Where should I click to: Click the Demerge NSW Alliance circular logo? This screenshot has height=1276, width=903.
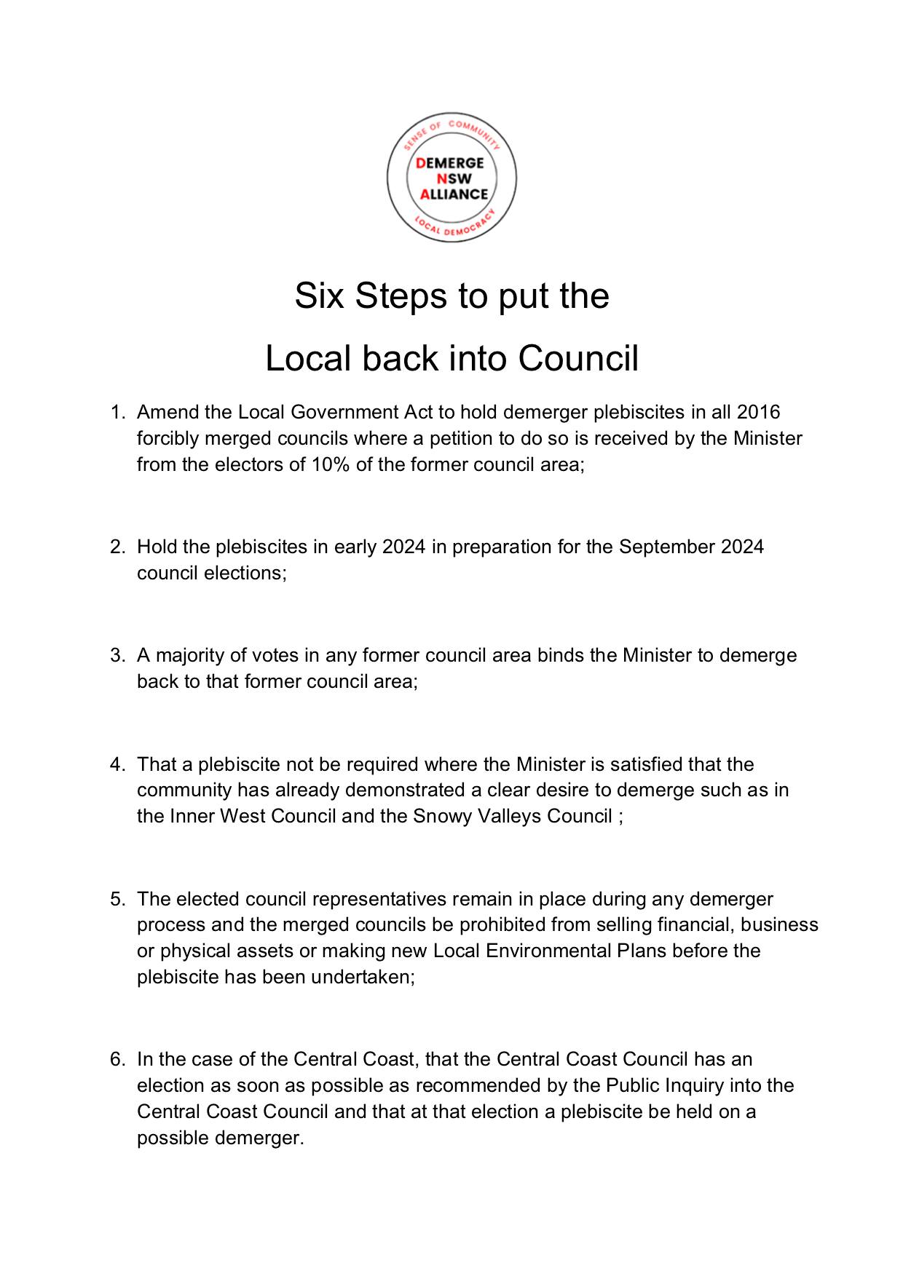pyautogui.click(x=451, y=178)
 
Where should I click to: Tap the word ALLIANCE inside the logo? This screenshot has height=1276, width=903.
pyautogui.click(x=454, y=194)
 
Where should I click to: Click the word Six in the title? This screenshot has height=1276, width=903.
pyautogui.click(x=319, y=296)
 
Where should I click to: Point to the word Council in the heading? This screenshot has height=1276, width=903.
pyautogui.click(x=578, y=358)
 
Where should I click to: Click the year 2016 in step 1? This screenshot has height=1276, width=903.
pyautogui.click(x=758, y=413)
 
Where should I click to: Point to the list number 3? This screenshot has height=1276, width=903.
pyautogui.click(x=117, y=656)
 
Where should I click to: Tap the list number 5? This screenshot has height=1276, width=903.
pyautogui.click(x=117, y=899)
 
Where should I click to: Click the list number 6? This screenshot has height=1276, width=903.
pyautogui.click(x=117, y=1059)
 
